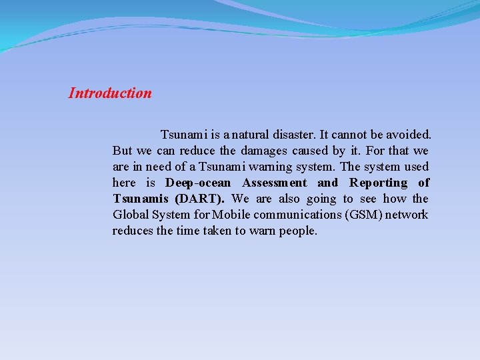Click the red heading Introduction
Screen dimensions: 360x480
click(110, 93)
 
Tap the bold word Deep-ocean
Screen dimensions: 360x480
click(198, 183)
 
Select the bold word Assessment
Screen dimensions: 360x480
click(275, 183)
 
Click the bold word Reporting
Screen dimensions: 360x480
click(379, 183)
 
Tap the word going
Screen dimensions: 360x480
click(321, 199)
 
